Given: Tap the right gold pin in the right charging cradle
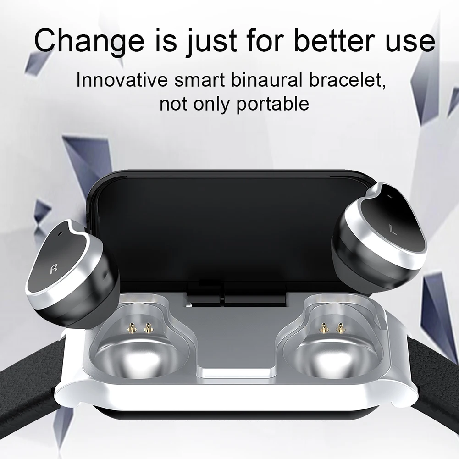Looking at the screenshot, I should pyautogui.click(x=340, y=327).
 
